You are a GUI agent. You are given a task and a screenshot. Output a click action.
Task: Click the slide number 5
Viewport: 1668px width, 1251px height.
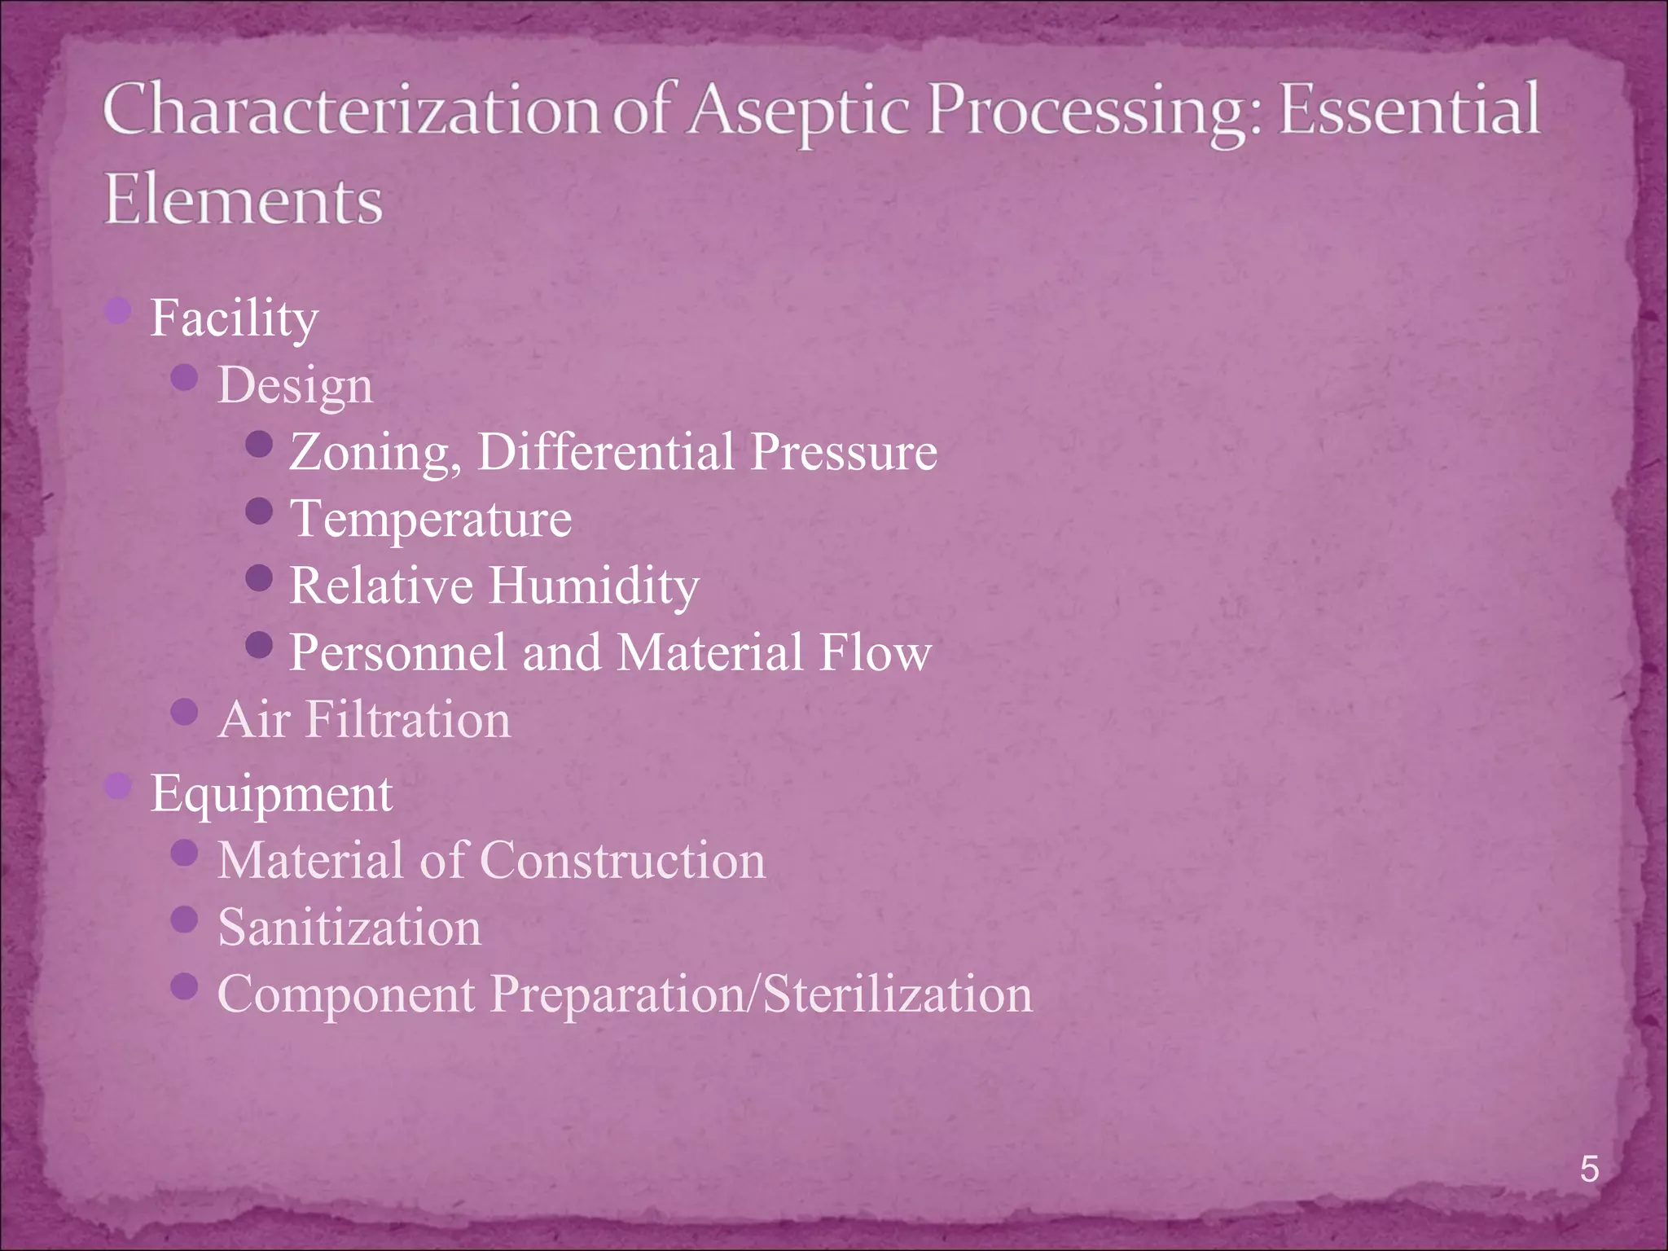[x=1589, y=1169]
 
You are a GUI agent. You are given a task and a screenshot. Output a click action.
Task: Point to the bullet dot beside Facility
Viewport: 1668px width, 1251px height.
[x=119, y=310]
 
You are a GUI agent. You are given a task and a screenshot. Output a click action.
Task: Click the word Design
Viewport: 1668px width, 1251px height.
[x=295, y=386]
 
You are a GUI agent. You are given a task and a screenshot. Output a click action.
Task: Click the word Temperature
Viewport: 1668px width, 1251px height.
[x=431, y=520]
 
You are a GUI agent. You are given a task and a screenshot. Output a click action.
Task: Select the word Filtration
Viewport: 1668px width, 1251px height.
[x=408, y=720]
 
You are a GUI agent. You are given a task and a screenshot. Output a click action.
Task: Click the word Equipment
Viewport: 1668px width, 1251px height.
[x=271, y=795]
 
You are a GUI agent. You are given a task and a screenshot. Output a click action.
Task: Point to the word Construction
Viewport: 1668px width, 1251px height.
[x=623, y=861]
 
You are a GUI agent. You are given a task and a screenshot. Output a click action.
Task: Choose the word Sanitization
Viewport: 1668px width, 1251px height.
[x=349, y=928]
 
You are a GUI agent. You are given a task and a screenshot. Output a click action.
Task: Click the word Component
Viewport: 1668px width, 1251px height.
[x=346, y=995]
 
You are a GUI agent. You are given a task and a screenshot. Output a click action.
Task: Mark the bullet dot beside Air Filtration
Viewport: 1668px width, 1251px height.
[x=186, y=713]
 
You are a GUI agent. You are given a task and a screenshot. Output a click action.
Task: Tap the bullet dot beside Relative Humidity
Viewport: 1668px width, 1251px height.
[x=259, y=578]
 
